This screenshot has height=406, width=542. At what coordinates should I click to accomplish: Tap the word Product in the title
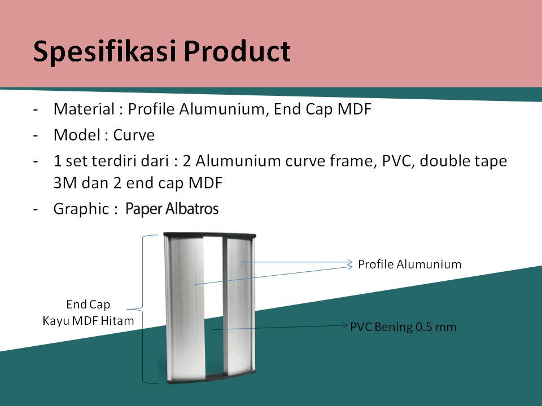[x=237, y=51]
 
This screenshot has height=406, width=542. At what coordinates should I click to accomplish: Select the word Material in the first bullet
[x=84, y=109]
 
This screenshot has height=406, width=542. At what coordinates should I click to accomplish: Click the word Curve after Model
[x=134, y=135]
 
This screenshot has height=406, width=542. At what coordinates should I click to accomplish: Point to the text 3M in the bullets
[x=64, y=183]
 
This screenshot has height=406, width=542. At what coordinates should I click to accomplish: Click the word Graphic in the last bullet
[x=81, y=209]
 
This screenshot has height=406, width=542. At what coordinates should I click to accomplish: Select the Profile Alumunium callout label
[x=410, y=264]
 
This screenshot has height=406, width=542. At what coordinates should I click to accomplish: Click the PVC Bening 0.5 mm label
[x=403, y=327]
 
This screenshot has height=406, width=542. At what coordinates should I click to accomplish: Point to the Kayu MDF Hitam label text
[x=88, y=321]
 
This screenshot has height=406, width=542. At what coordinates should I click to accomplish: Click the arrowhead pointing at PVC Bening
[x=344, y=325]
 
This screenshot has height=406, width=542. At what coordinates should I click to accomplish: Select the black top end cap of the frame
[x=210, y=236]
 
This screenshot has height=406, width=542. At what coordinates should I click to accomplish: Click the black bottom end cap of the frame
[x=212, y=377]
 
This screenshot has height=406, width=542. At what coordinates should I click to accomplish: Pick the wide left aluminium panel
[x=185, y=307]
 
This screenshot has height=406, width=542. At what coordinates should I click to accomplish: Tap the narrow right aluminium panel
[x=239, y=306]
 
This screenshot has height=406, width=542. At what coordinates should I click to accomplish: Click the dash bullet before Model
[x=35, y=135]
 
